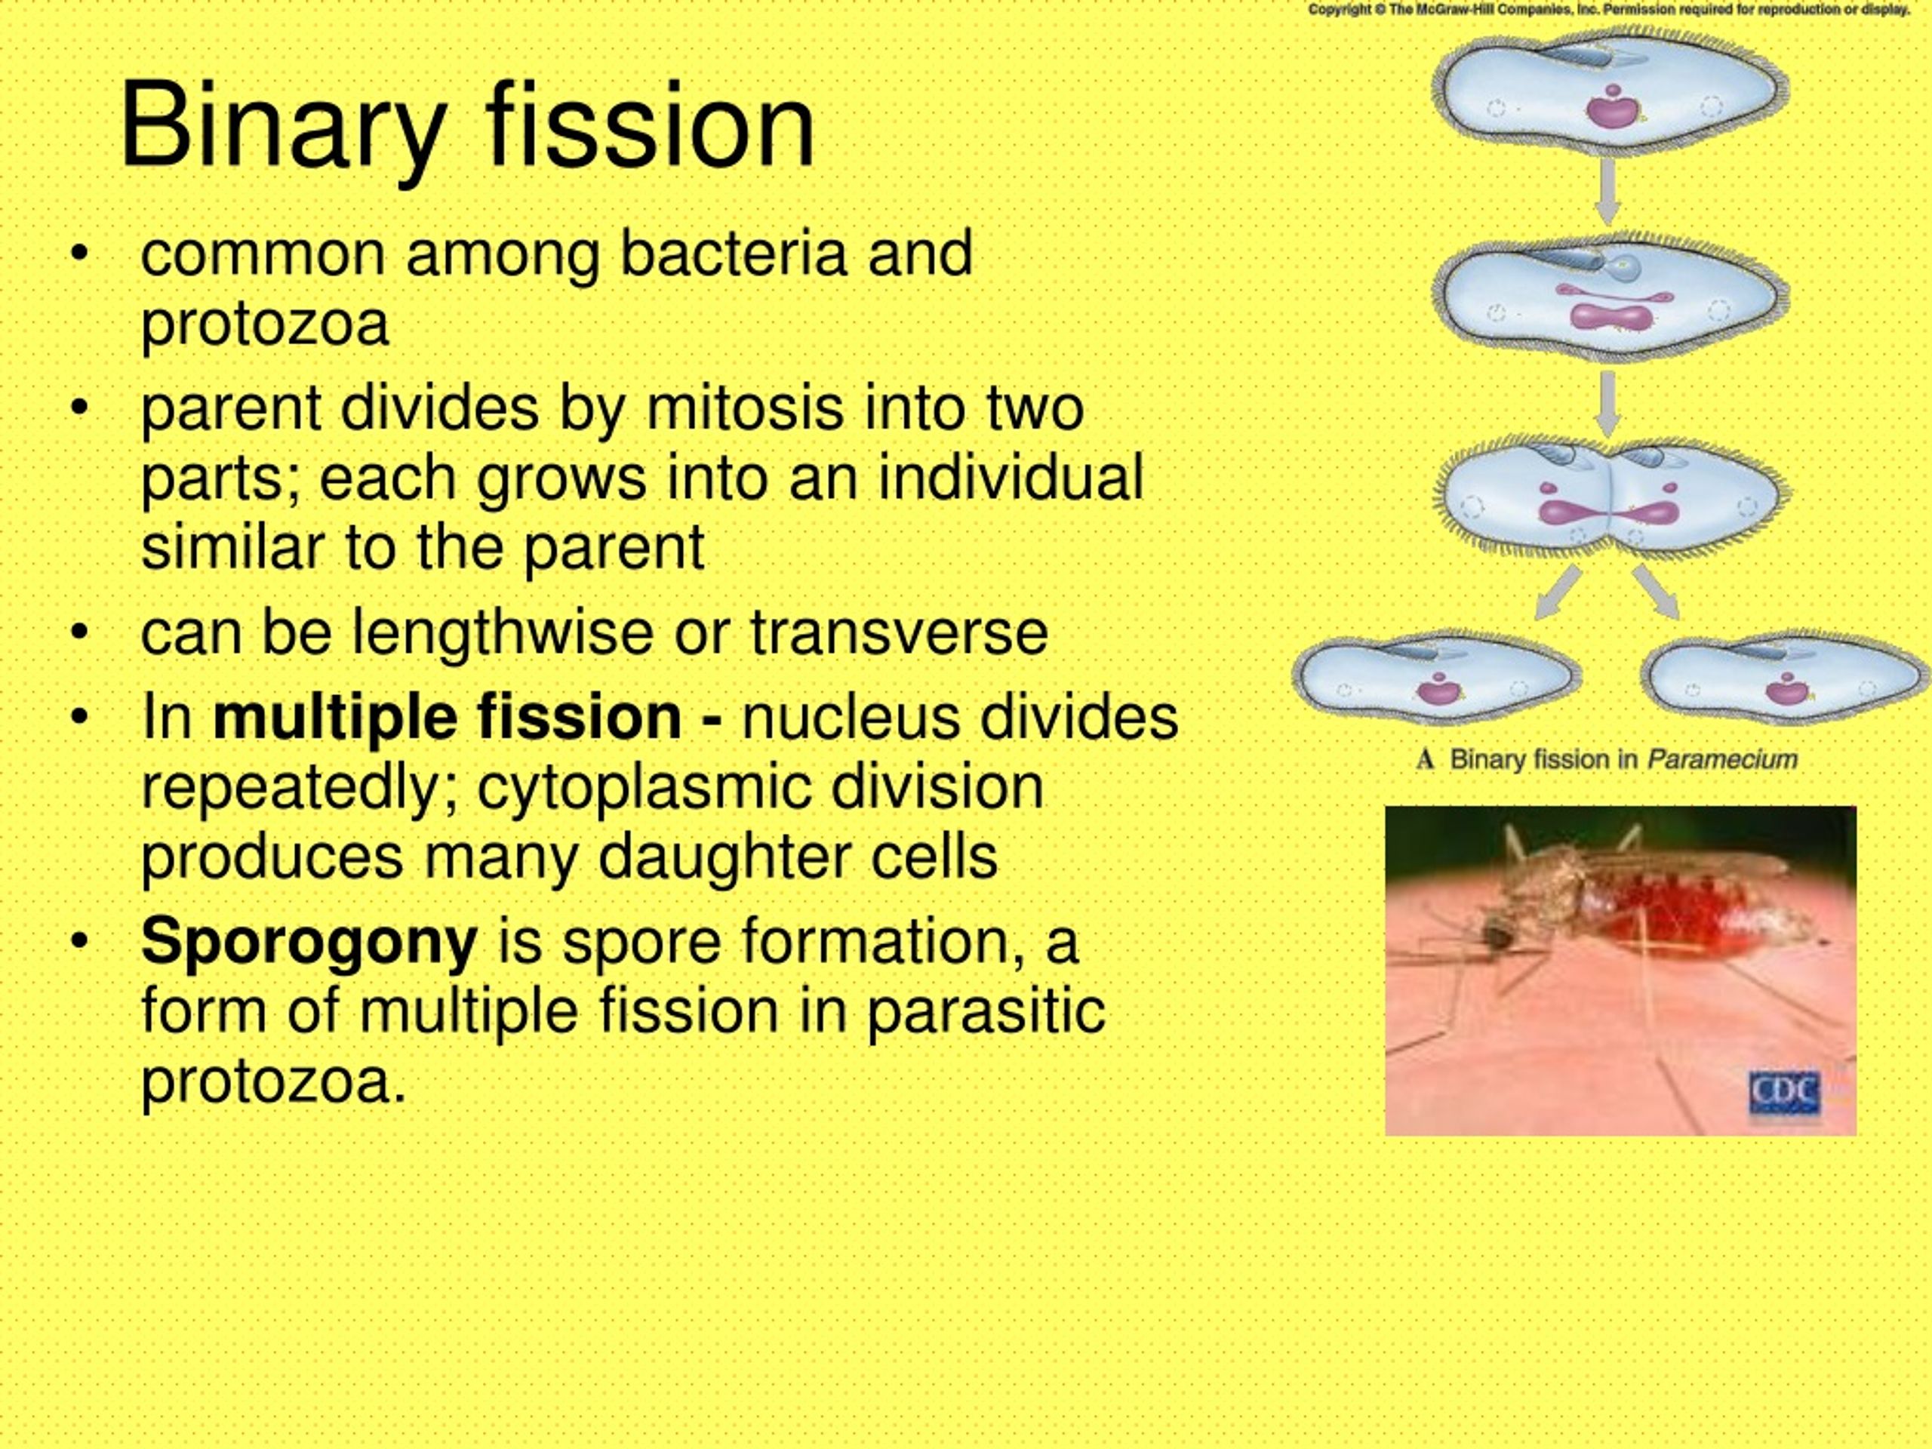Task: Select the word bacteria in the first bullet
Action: point(733,254)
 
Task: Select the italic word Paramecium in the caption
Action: point(1721,760)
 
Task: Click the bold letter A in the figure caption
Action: point(1426,760)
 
